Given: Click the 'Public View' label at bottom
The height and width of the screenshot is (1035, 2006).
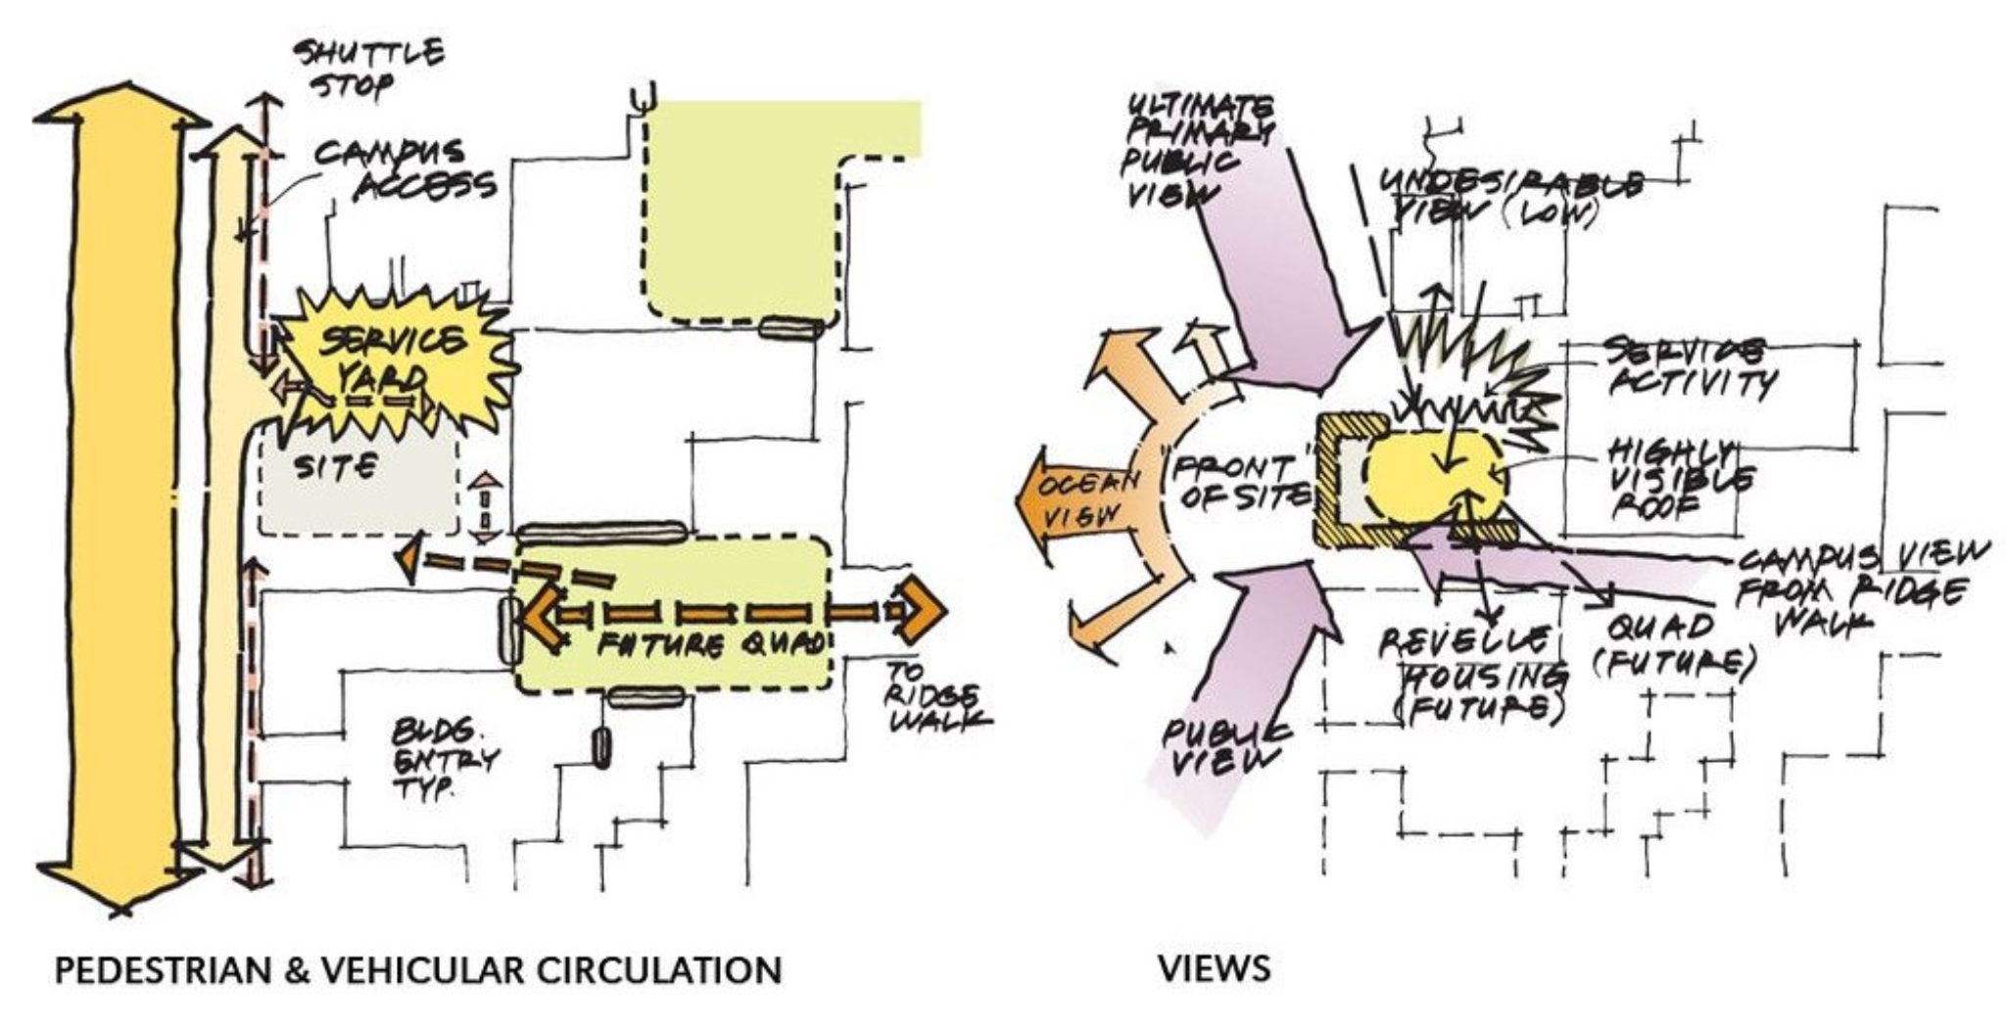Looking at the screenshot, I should [x=1225, y=744].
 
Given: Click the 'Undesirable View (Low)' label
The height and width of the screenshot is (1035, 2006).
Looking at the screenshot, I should [x=1508, y=196].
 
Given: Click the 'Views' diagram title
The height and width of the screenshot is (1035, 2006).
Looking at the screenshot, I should [x=1215, y=969].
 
